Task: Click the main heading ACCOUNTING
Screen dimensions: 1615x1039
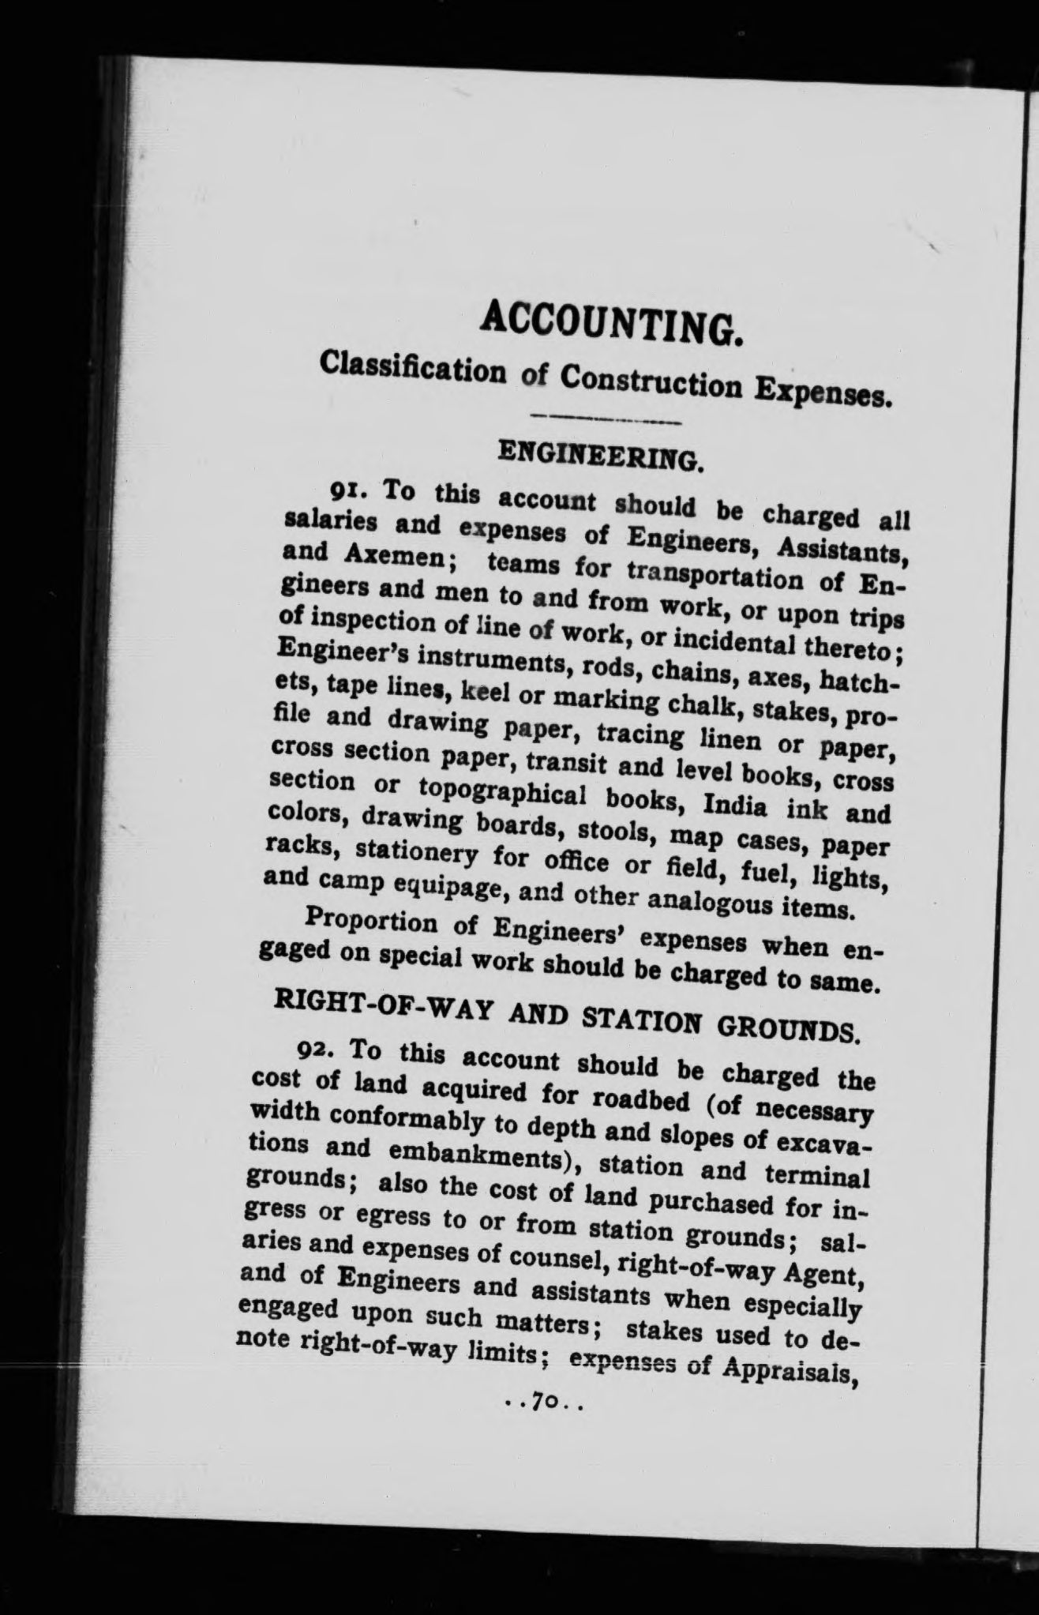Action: click(613, 321)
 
